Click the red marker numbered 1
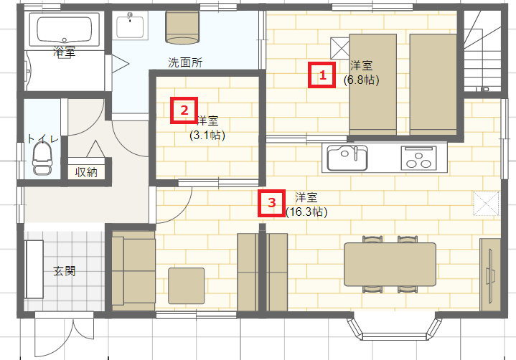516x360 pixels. pos(322,75)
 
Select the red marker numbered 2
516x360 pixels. pos(184,110)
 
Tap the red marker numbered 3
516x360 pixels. pos(271,203)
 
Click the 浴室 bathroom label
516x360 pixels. pos(65,52)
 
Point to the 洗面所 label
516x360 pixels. pos(185,62)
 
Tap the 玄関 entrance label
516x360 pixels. pos(65,271)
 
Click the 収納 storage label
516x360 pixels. pos(86,172)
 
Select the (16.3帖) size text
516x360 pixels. pos(306,212)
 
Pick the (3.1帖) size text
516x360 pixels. pos(207,135)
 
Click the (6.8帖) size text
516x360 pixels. pos(361,80)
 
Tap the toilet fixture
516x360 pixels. pos(42,160)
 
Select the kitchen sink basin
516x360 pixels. pos(347,158)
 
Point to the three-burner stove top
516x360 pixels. pos(419,158)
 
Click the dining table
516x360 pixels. pos(390,265)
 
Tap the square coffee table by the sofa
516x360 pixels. pos(187,285)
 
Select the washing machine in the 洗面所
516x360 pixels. pos(182,28)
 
